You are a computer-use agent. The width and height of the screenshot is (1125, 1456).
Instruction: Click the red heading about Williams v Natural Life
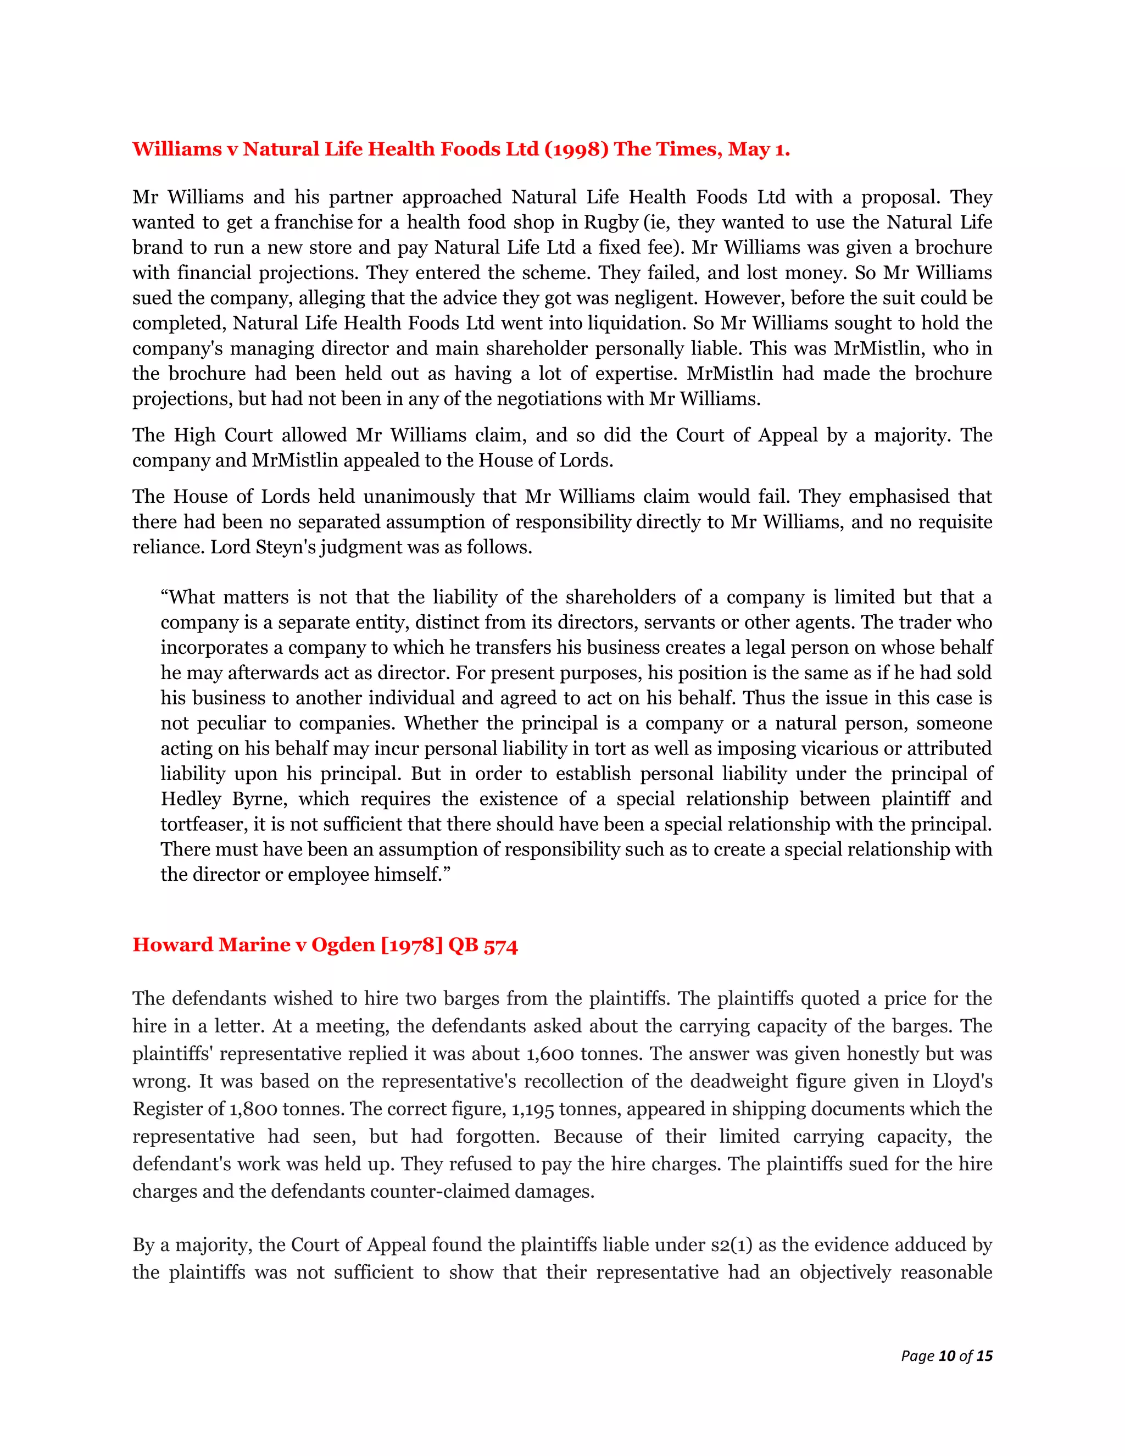point(460,149)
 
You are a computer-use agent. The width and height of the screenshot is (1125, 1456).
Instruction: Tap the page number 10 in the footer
point(946,1355)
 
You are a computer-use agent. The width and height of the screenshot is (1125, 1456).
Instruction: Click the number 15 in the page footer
point(984,1355)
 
